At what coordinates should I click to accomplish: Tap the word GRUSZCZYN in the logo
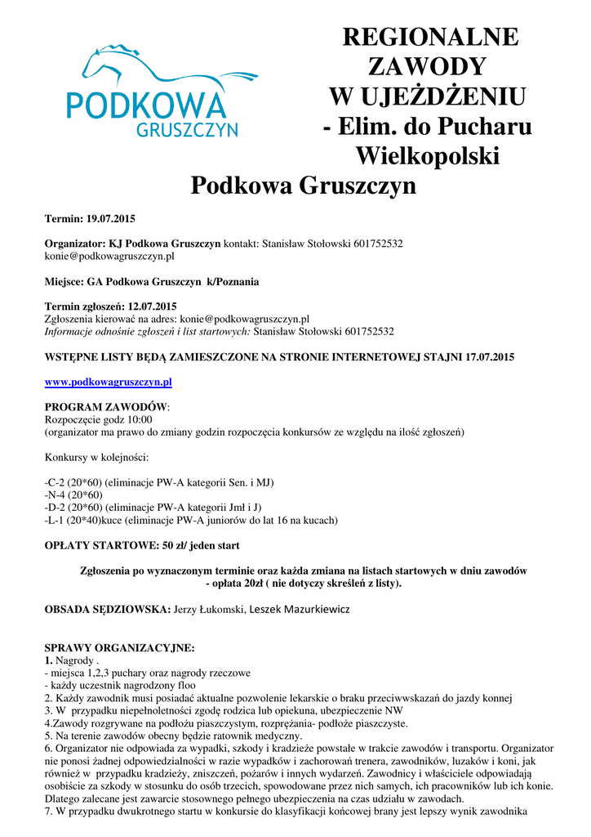186,129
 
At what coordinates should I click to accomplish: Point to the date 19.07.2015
111,219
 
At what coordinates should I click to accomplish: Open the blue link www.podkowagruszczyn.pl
108,382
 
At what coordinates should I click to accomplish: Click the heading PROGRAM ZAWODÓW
105,406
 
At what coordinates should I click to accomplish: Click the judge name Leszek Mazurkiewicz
300,609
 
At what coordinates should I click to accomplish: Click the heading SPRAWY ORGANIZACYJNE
119,647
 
